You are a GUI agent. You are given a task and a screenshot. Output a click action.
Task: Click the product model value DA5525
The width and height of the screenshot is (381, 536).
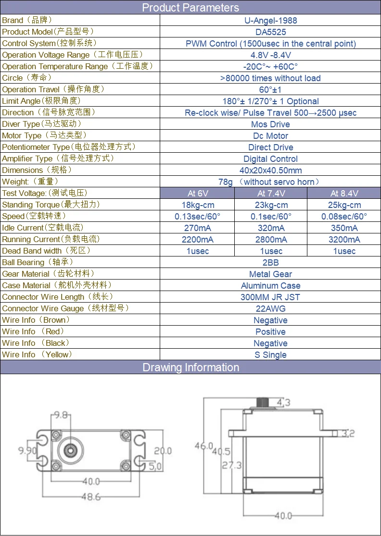click(270, 32)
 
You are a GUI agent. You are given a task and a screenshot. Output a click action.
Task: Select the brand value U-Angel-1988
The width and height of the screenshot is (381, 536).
click(270, 21)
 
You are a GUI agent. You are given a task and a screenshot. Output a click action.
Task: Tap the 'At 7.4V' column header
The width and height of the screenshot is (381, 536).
click(271, 194)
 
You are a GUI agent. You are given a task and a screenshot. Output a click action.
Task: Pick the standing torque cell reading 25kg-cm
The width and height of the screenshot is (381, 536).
click(344, 205)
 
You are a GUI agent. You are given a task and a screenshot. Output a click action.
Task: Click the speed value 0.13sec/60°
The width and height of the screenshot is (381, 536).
click(198, 217)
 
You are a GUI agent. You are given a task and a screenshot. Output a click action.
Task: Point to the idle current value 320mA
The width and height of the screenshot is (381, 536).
click(271, 228)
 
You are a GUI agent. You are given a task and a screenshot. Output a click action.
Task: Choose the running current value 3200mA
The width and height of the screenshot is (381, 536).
click(344, 240)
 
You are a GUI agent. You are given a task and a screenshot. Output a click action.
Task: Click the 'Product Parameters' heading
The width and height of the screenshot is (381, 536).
click(190, 8)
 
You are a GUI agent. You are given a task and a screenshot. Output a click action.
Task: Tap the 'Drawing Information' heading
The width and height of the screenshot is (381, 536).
click(190, 367)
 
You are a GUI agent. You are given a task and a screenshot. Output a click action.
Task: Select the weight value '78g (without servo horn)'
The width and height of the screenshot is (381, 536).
click(269, 182)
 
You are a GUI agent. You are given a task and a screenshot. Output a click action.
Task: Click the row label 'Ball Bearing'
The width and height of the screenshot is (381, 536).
click(23, 263)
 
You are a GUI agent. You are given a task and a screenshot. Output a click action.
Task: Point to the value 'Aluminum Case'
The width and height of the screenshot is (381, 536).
click(270, 286)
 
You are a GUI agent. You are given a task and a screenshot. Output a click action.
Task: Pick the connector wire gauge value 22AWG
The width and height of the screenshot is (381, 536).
click(270, 309)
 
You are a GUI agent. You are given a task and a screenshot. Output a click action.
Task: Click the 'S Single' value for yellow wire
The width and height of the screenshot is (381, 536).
click(270, 355)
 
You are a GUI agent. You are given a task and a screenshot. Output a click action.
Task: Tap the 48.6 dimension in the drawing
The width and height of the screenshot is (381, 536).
click(91, 496)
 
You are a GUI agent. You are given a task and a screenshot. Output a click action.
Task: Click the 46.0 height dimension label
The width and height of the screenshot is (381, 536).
click(203, 446)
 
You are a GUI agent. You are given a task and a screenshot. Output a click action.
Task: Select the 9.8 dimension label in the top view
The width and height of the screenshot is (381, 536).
click(61, 415)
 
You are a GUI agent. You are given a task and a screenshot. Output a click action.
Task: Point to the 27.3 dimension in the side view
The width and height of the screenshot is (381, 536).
click(232, 465)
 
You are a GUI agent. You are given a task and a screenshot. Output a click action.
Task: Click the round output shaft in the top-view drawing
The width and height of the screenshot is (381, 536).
click(70, 451)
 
